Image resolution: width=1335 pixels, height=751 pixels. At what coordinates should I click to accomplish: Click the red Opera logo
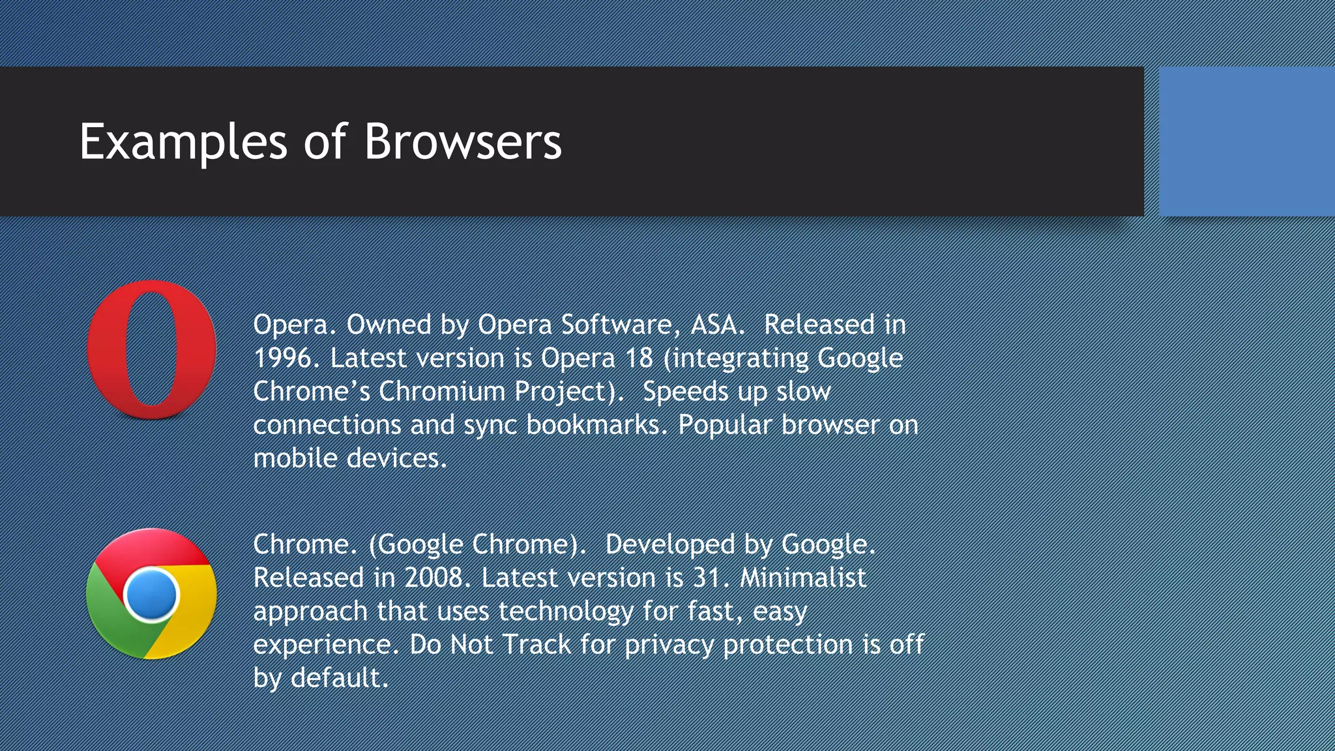(x=152, y=349)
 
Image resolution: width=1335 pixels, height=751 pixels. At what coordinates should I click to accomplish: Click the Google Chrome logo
(x=151, y=594)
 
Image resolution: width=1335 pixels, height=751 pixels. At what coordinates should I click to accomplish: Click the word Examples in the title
(x=183, y=141)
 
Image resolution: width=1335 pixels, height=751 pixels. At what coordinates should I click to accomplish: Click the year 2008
(x=433, y=578)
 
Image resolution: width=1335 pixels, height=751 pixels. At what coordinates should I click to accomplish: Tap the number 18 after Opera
(x=639, y=358)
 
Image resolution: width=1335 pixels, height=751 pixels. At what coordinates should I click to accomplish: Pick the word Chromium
(x=442, y=391)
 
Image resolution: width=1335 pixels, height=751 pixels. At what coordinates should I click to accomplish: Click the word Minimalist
(x=803, y=578)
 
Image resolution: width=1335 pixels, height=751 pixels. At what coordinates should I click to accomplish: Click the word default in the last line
(x=338, y=677)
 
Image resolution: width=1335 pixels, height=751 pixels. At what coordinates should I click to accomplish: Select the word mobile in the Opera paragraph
(x=295, y=458)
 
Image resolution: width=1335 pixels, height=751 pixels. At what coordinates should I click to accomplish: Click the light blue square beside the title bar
(x=1246, y=141)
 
